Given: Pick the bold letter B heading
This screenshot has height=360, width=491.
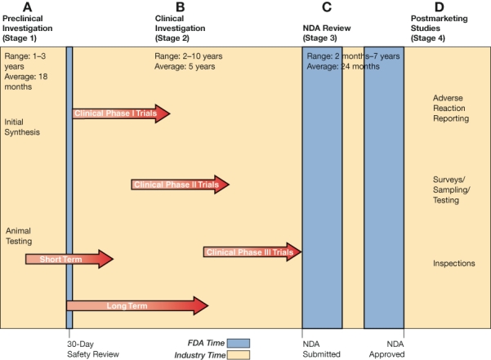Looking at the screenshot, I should point(180,7).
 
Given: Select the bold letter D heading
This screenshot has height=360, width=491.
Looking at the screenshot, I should point(439,7).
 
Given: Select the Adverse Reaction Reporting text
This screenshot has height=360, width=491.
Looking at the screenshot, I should point(451,108).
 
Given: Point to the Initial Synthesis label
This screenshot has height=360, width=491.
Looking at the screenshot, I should point(22,127).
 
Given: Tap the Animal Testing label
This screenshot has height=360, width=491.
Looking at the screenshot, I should point(19,236).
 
